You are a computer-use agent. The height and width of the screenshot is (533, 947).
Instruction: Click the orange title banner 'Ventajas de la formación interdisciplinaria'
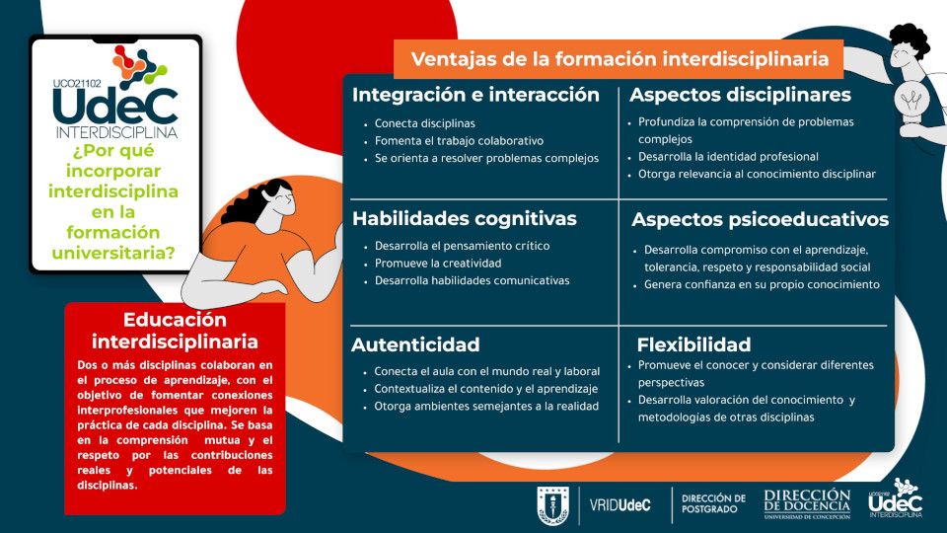click(x=619, y=59)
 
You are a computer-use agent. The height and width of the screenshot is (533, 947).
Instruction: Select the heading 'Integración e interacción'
click(x=475, y=95)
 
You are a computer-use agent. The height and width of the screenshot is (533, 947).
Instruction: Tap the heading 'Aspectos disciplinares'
click(x=740, y=95)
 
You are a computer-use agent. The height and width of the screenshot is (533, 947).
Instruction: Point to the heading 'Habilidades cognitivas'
click(x=464, y=218)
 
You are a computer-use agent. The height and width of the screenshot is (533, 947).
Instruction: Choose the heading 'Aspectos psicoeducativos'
click(x=760, y=219)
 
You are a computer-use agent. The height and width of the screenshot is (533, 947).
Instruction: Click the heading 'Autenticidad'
click(x=415, y=344)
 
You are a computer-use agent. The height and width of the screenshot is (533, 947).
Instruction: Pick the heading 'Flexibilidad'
click(x=693, y=344)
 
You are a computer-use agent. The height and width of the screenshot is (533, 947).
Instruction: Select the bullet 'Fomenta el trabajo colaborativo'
click(x=459, y=141)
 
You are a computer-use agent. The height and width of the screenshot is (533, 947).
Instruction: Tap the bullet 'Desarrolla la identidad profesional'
click(x=728, y=157)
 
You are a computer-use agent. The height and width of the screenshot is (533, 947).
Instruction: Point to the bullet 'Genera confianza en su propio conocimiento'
click(x=762, y=284)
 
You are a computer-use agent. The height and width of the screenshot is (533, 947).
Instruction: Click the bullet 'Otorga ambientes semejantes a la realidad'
click(x=486, y=406)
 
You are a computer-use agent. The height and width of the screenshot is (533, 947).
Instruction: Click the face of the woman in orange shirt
click(x=282, y=200)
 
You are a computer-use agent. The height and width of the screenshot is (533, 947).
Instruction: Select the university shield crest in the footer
click(x=552, y=505)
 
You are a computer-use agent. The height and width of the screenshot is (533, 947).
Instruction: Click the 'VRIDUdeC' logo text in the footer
click(x=619, y=505)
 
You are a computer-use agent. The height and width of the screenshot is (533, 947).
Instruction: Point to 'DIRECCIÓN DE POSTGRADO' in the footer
click(x=713, y=504)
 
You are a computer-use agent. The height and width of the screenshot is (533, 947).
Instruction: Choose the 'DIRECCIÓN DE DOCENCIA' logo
click(x=807, y=504)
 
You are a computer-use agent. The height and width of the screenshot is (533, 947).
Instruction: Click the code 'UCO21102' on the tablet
click(x=77, y=84)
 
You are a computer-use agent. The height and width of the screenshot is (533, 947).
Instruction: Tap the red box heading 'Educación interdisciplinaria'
click(x=175, y=331)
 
